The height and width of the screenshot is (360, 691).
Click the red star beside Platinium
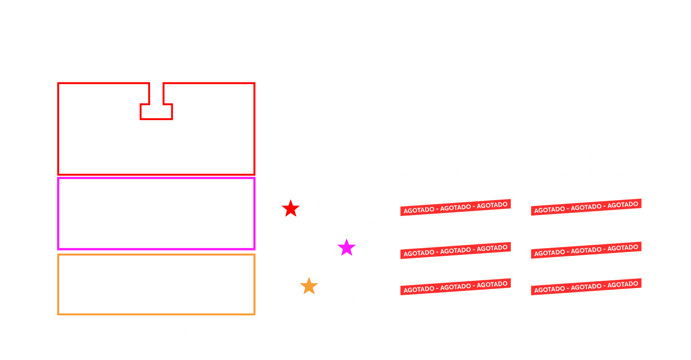pyautogui.click(x=290, y=208)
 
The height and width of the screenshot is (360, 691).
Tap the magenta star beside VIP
pyautogui.click(x=346, y=248)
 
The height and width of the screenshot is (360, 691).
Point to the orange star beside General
pyautogui.click(x=309, y=287)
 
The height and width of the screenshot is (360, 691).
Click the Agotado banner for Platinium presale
pyautogui.click(x=455, y=207)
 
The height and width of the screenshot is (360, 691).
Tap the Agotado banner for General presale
pyautogui.click(x=455, y=287)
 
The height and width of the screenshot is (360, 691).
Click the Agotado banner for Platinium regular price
pyautogui.click(x=586, y=207)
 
